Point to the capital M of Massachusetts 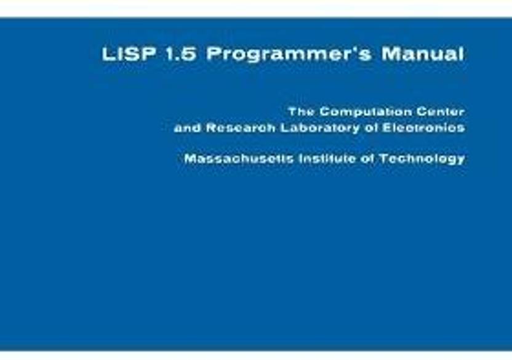[x=190, y=159]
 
